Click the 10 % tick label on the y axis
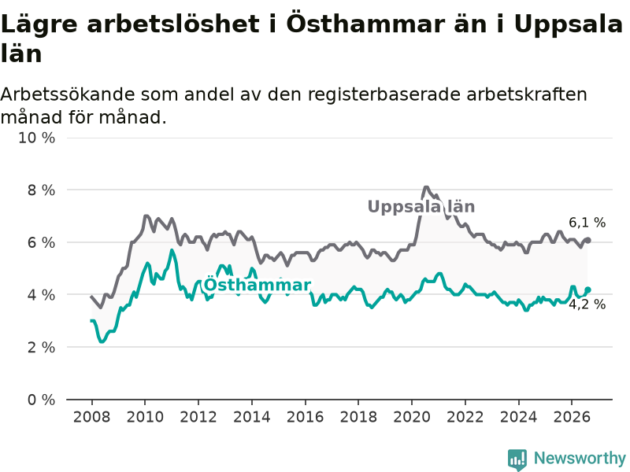tap(36, 138)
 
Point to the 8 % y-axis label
tap(41, 190)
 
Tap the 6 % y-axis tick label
tap(41, 243)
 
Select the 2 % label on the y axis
tap(41, 348)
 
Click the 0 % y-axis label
tap(41, 400)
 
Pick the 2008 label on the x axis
tap(91, 417)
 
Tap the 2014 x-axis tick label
tap(252, 417)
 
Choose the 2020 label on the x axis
tap(412, 417)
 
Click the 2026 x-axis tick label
tap(572, 417)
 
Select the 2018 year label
tap(358, 417)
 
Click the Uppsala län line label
tap(421, 207)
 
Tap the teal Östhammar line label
tap(258, 285)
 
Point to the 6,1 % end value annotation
tap(587, 223)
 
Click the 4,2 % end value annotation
tap(587, 304)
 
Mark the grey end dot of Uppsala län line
tap(587, 240)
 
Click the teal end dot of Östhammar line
tap(587, 289)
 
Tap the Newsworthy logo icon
tap(517, 459)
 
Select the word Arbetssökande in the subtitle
tap(68, 94)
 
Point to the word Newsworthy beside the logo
tap(580, 458)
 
